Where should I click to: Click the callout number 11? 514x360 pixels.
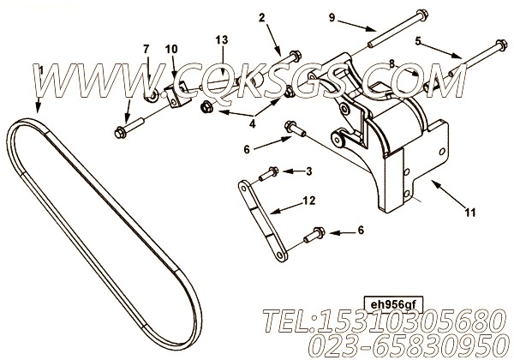(x=469, y=213)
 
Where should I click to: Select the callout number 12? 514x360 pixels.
(x=309, y=200)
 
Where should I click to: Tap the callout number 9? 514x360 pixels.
(x=332, y=17)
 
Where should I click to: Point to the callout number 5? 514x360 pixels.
(x=418, y=41)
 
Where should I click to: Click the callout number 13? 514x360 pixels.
(x=222, y=40)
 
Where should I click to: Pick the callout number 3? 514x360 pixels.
(x=308, y=171)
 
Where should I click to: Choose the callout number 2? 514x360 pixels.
(x=261, y=18)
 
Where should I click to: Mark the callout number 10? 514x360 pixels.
(x=171, y=49)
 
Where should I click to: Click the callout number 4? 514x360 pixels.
(x=252, y=124)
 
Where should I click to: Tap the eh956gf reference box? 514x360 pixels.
(x=393, y=305)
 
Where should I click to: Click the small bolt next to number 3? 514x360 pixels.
(x=269, y=174)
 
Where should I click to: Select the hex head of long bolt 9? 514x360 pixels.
(x=421, y=15)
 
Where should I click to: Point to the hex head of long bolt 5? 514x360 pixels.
(x=501, y=45)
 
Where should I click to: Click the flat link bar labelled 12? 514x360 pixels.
(x=263, y=220)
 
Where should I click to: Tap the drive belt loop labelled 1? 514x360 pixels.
(x=105, y=234)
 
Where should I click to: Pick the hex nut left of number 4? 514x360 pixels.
(x=206, y=107)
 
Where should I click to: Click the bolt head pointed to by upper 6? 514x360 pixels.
(x=290, y=126)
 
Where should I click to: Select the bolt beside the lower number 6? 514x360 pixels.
(x=314, y=235)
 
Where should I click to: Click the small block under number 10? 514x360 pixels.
(x=180, y=95)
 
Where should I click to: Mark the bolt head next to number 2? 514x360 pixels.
(x=295, y=56)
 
